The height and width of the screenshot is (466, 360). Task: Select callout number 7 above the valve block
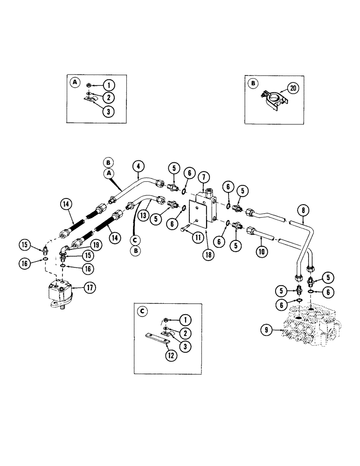point(203,178)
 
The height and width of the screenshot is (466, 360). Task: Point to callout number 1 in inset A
point(108,85)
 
